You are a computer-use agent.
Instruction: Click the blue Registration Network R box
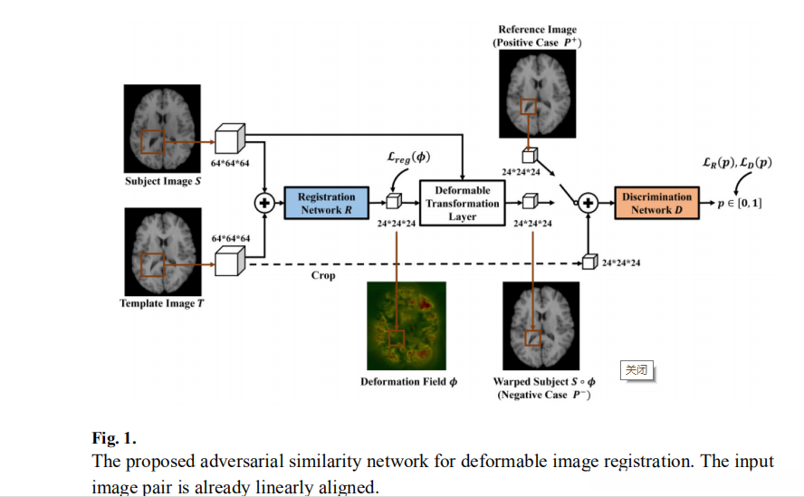point(327,203)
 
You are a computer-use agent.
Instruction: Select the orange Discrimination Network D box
point(656,203)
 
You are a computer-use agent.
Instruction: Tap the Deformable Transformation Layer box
point(462,203)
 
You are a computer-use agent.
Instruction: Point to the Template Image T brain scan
point(161,251)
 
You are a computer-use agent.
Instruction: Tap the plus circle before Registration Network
point(265,203)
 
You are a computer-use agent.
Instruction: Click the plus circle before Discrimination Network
point(589,203)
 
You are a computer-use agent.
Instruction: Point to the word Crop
point(323,275)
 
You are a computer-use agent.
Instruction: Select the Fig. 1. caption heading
point(114,439)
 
